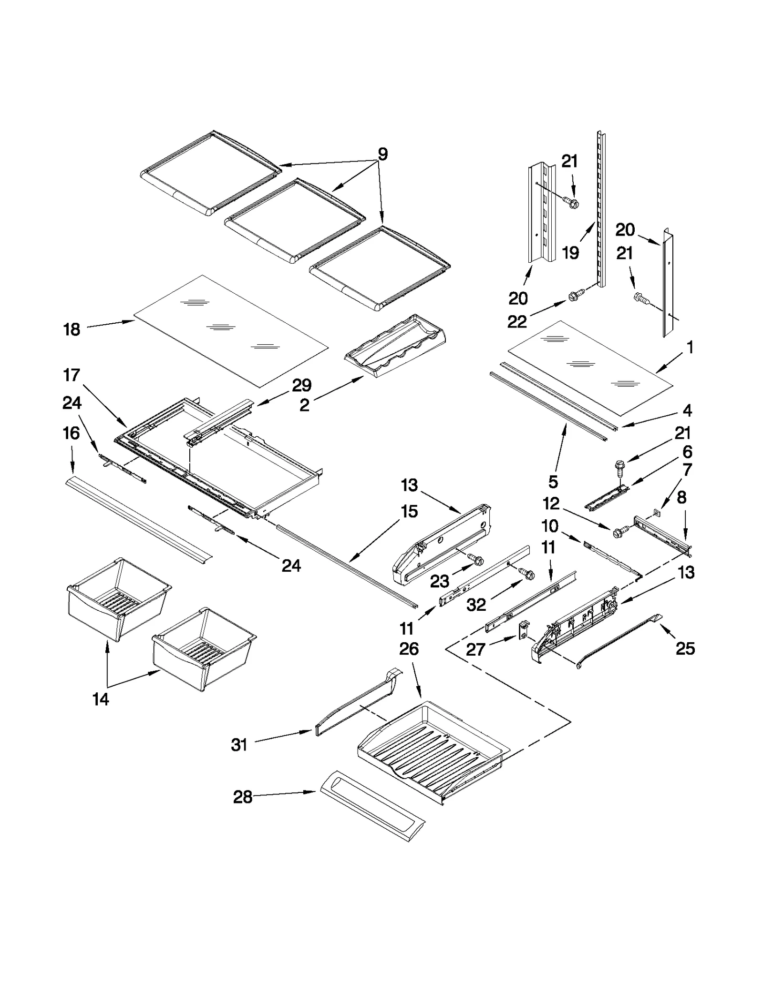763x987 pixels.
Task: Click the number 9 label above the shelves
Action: coord(382,154)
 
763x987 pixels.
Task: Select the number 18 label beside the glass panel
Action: coord(72,329)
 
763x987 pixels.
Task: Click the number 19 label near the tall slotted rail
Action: coord(570,252)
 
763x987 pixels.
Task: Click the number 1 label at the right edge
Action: coord(690,347)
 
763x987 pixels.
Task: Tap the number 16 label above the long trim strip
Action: coord(71,433)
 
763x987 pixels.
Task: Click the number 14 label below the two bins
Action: coord(101,699)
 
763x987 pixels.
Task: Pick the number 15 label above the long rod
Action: coord(409,511)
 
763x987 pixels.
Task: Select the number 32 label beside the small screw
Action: coord(476,605)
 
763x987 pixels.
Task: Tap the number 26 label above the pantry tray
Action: coord(409,648)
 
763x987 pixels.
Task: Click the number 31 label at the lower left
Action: coord(239,744)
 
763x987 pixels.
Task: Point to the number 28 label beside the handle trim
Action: coord(242,797)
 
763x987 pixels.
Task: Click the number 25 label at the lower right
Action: coord(685,648)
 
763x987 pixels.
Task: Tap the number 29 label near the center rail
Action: coord(302,385)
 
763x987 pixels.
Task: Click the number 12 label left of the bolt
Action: coord(551,504)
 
